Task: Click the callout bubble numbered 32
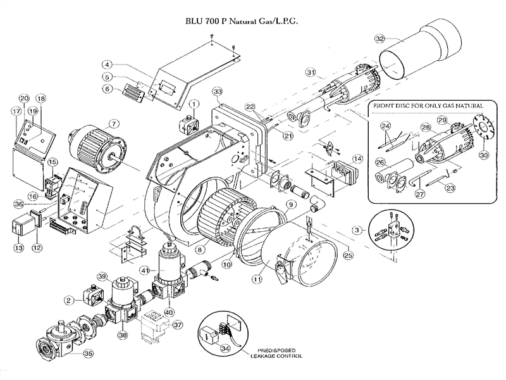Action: (379, 39)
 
